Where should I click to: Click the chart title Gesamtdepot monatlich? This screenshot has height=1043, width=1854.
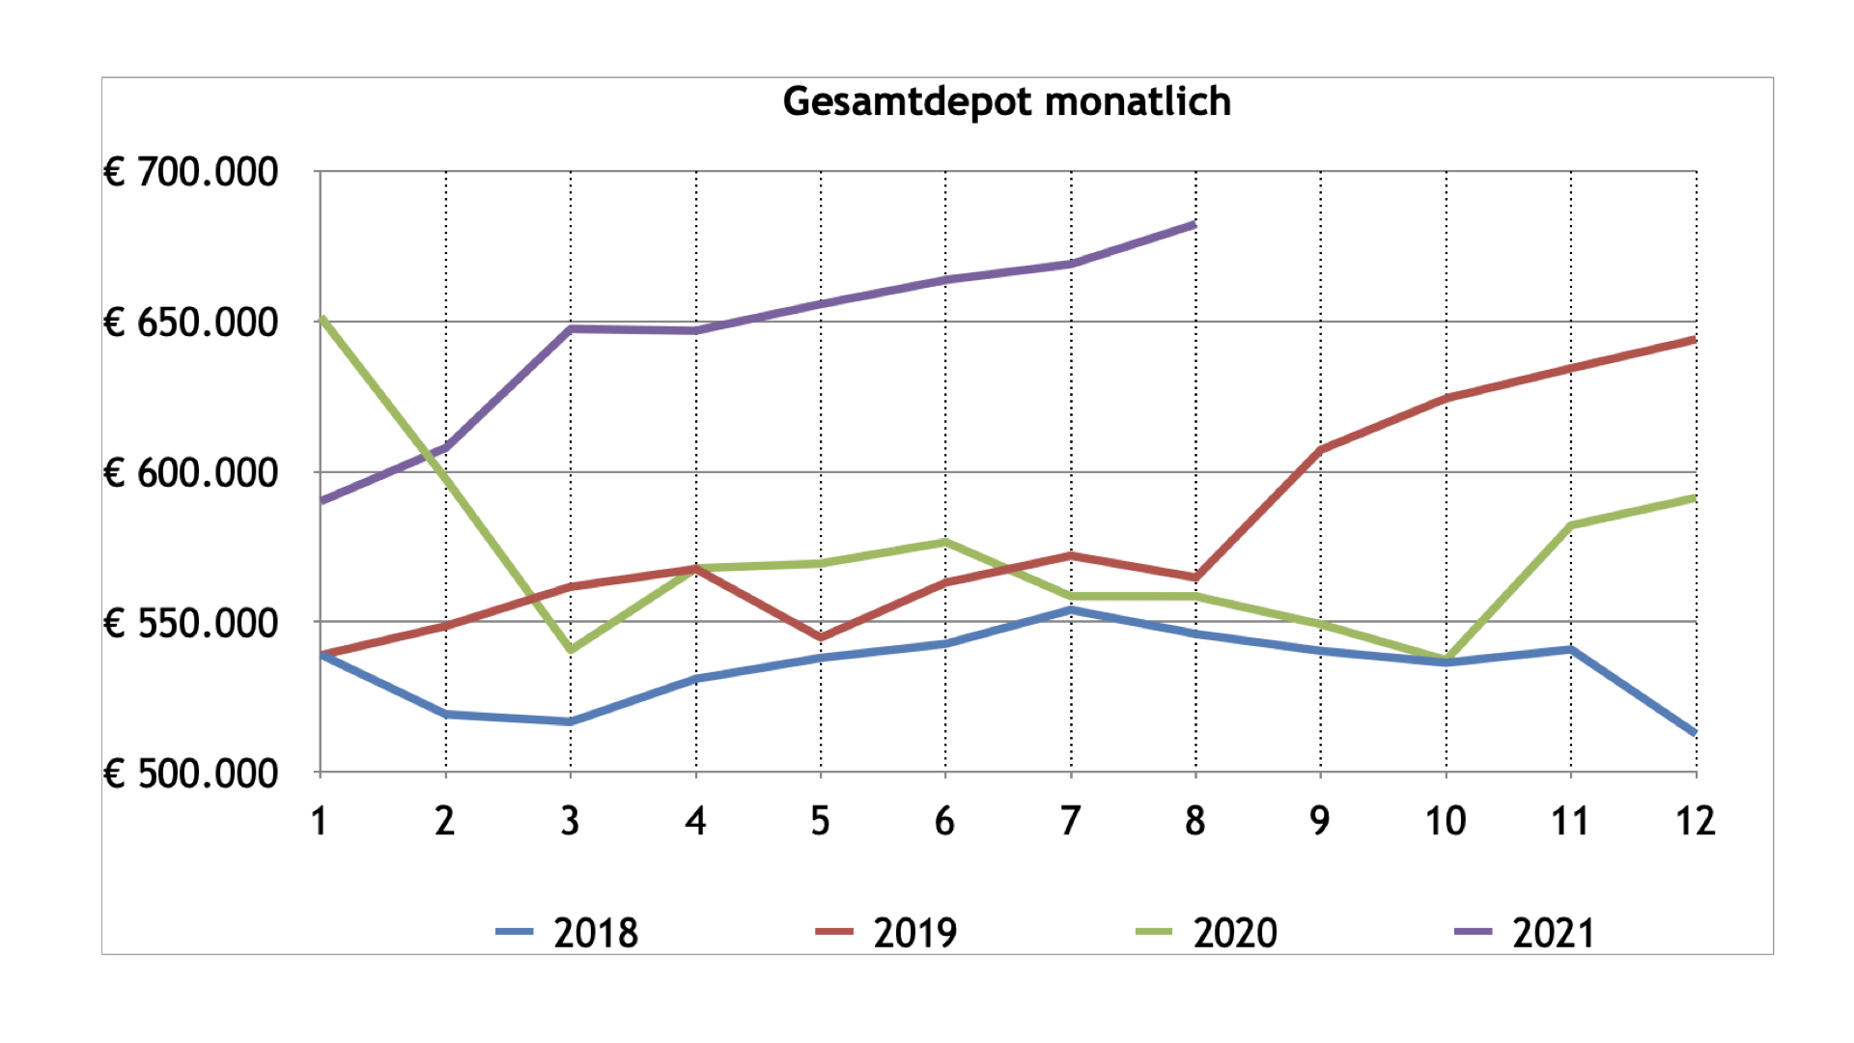tap(1006, 101)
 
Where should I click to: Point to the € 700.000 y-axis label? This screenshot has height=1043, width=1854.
tap(191, 173)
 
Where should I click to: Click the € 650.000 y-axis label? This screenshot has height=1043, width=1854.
tap(191, 323)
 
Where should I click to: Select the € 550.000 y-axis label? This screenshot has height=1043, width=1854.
tap(191, 624)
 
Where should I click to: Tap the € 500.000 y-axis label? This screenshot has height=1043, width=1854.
tap(191, 774)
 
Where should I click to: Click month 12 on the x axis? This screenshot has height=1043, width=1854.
tap(1695, 822)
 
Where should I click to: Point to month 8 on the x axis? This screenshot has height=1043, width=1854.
tap(1195, 822)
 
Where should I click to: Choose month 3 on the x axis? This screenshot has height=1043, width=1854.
tap(570, 822)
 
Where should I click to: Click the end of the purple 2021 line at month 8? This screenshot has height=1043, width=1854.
tap(1194, 225)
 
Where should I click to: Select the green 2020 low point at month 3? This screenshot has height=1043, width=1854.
tap(571, 650)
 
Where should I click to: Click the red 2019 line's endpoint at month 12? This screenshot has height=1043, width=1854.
tap(1694, 340)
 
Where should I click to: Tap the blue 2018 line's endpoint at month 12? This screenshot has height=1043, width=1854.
tap(1694, 732)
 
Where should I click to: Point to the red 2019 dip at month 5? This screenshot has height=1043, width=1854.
tap(821, 637)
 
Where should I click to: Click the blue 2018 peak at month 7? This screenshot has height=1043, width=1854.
tap(1070, 610)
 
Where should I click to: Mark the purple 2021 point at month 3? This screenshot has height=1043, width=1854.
tap(571, 329)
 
